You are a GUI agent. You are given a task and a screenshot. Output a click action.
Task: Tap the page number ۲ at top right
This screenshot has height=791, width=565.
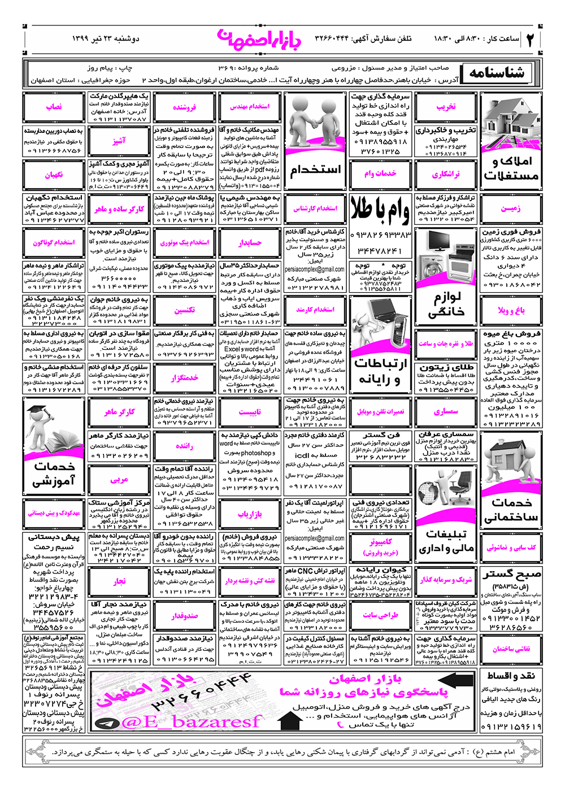[531, 39]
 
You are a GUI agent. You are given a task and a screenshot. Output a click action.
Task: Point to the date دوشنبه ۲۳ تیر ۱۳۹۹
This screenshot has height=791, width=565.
[106, 38]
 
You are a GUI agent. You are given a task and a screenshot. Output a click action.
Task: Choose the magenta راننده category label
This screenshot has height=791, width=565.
[184, 446]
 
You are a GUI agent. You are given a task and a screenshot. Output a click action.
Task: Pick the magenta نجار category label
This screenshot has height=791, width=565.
[119, 581]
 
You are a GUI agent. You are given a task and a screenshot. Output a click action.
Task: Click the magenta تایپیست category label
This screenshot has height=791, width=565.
[250, 412]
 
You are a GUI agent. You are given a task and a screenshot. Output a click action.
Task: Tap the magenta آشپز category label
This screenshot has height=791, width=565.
[119, 141]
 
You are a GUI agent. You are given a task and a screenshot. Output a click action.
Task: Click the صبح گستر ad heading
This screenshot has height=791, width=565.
[511, 575]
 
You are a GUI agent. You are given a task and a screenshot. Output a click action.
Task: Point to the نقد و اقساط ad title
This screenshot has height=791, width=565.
[511, 676]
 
